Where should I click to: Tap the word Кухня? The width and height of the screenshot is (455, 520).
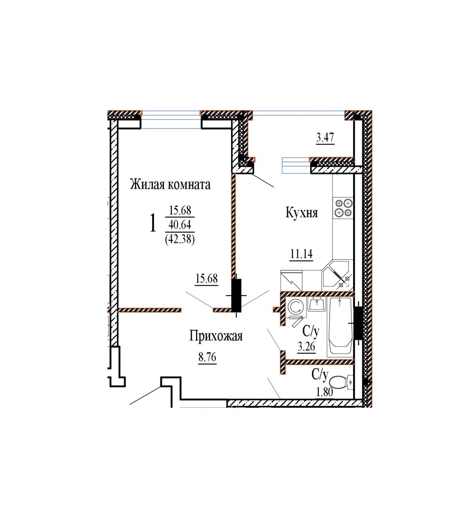[302, 213]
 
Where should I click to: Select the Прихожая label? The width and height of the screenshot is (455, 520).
[216, 336]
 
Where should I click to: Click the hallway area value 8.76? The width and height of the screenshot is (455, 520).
[207, 357]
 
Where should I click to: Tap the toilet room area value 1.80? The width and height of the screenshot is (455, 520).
[324, 392]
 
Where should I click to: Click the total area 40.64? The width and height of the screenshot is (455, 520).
[180, 224]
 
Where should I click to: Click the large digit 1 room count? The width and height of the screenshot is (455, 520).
[153, 222]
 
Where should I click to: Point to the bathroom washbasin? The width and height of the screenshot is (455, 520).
[317, 304]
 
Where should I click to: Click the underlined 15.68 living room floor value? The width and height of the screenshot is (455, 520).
[207, 279]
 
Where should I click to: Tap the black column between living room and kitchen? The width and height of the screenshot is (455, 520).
[236, 295]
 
